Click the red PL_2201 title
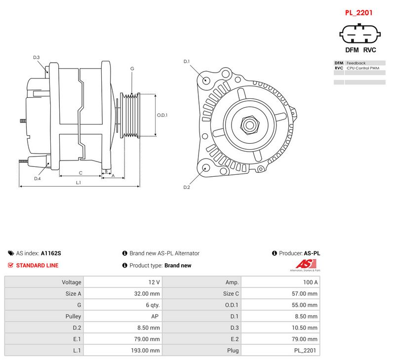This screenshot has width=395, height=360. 358,13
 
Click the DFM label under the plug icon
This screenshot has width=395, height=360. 352,50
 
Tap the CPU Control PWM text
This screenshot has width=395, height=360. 363,68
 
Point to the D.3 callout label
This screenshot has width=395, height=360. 37,57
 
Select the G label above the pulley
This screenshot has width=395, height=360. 132,69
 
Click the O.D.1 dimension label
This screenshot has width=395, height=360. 162,115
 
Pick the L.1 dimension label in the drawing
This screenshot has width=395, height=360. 79,182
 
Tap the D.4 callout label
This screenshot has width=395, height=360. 38,179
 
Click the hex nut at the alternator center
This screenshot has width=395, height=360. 250,125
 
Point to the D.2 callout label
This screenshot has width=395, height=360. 187,187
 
